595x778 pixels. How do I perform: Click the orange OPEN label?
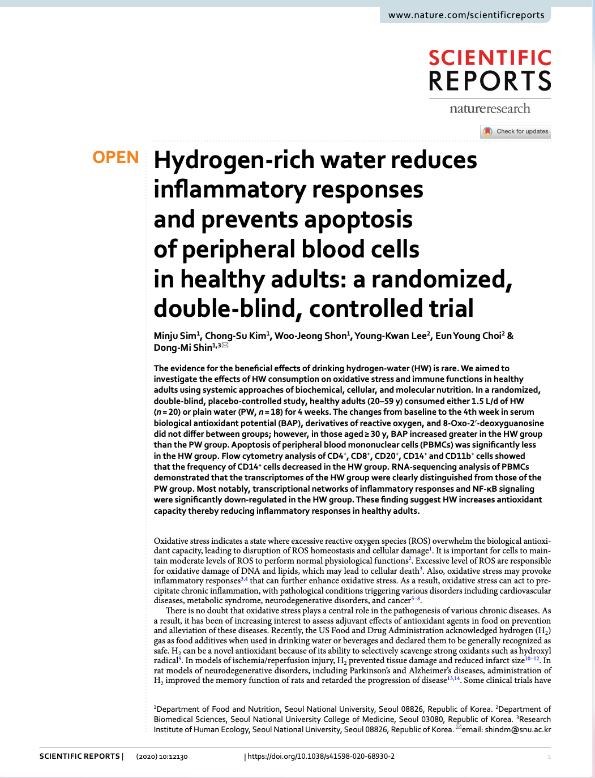click(115, 157)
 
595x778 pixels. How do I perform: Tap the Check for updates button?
click(516, 131)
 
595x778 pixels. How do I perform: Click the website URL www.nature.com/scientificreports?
click(466, 15)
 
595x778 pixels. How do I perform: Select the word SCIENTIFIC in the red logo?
click(490, 58)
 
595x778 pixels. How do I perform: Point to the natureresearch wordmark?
click(490, 109)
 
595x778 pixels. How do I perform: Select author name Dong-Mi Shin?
click(182, 347)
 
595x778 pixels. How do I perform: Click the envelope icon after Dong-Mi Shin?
click(225, 345)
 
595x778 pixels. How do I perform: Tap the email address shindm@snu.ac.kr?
click(517, 729)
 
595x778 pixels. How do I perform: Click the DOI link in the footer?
click(321, 756)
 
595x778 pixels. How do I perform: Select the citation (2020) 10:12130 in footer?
click(162, 756)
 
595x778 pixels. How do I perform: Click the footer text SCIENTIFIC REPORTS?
click(79, 756)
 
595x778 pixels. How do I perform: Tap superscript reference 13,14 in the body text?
click(453, 678)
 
